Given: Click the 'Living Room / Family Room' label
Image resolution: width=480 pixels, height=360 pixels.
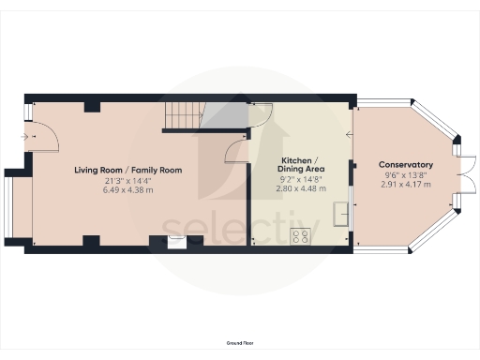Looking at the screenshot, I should coord(128,170).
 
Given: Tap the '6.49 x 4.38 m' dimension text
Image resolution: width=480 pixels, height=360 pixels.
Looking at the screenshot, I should coord(128,189).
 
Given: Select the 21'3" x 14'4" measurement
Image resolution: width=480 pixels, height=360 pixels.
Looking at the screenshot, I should coord(128,180).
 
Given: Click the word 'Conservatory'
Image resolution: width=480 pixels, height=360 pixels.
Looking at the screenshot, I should coord(405,165).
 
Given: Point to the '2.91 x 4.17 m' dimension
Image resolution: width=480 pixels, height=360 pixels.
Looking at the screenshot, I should coord(405,184).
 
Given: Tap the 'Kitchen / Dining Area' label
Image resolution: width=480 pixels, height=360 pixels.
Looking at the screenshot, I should coord(301,165).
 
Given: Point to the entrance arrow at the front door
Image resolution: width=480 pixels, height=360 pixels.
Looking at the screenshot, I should coord(23,137).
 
